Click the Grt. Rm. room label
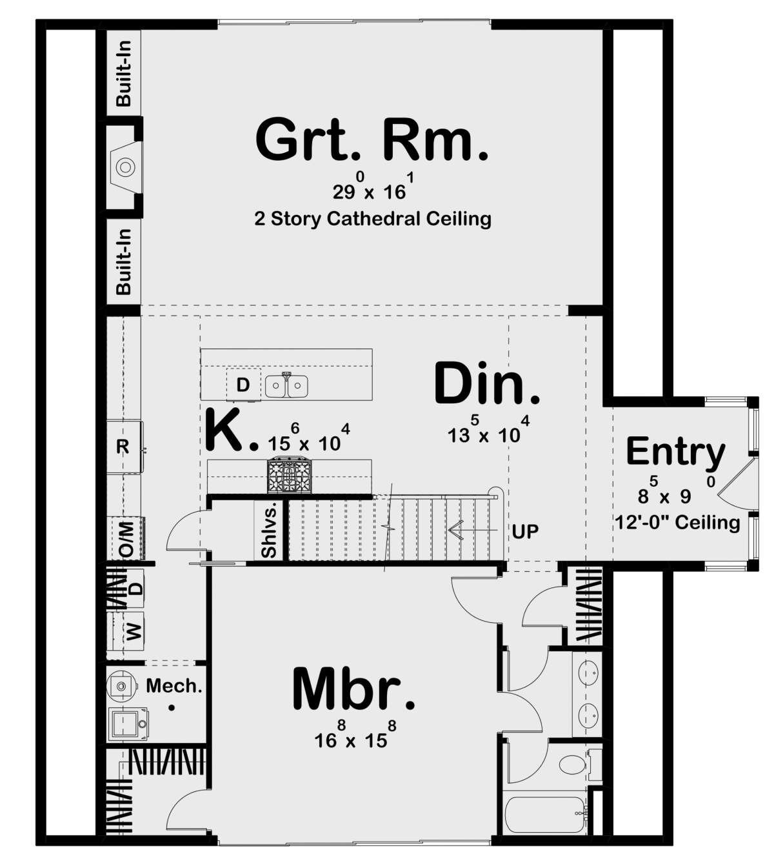pyautogui.click(x=372, y=140)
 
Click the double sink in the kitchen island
pyautogui.click(x=286, y=386)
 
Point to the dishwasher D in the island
pyautogui.click(x=243, y=385)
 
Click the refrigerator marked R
pyautogui.click(x=124, y=447)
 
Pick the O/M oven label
pyautogui.click(x=127, y=538)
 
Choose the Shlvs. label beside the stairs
pyautogui.click(x=269, y=531)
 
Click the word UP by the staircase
pyautogui.click(x=525, y=531)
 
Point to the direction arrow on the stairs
pyautogui.click(x=473, y=531)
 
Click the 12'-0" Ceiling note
pyautogui.click(x=678, y=522)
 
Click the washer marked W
pyautogui.click(x=134, y=631)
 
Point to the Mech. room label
pyautogui.click(x=174, y=685)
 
